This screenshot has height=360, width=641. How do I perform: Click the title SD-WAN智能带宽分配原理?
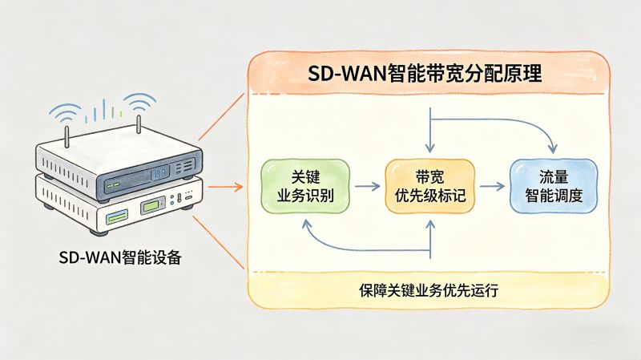425,75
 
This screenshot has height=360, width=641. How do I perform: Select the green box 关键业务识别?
305,186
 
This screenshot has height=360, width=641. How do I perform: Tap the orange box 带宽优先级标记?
430,186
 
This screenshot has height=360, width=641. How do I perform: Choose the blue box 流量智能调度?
554,186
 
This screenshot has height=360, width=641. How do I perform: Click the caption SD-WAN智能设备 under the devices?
121,257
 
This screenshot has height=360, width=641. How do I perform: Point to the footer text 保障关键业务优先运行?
429,290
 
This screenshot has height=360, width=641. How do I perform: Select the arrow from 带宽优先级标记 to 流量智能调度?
492,186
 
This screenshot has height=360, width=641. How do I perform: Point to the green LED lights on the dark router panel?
113,184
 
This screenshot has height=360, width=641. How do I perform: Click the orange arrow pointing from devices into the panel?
226,187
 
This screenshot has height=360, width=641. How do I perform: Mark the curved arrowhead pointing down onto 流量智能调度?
552,149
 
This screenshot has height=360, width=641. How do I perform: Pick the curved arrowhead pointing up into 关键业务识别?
306,222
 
